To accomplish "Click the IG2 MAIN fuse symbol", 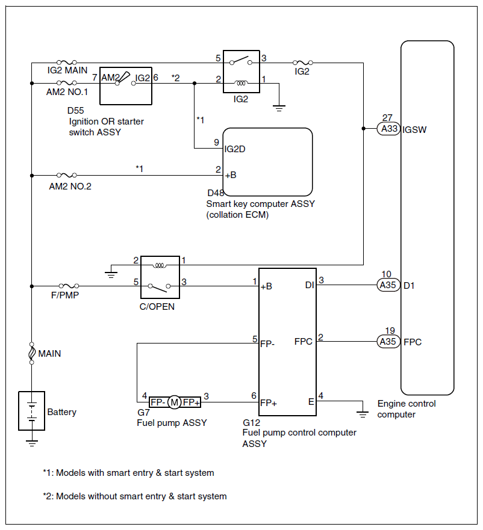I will point(66,61).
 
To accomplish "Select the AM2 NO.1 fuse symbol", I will point(66,83).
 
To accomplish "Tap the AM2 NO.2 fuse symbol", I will point(66,176).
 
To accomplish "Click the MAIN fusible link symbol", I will point(31,353).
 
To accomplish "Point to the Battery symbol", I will point(31,412).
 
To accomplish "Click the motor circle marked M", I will point(174,402).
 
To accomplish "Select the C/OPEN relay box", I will point(160,277).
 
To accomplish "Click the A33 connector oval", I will point(388,129).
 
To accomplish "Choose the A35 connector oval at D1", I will point(388,285).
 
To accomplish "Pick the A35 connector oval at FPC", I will point(388,342).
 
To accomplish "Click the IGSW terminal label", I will point(416,129).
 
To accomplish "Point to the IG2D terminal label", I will point(234,149).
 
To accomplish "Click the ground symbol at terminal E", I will point(363,413).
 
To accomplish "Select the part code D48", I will point(215,193).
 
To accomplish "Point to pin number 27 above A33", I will point(387,118).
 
